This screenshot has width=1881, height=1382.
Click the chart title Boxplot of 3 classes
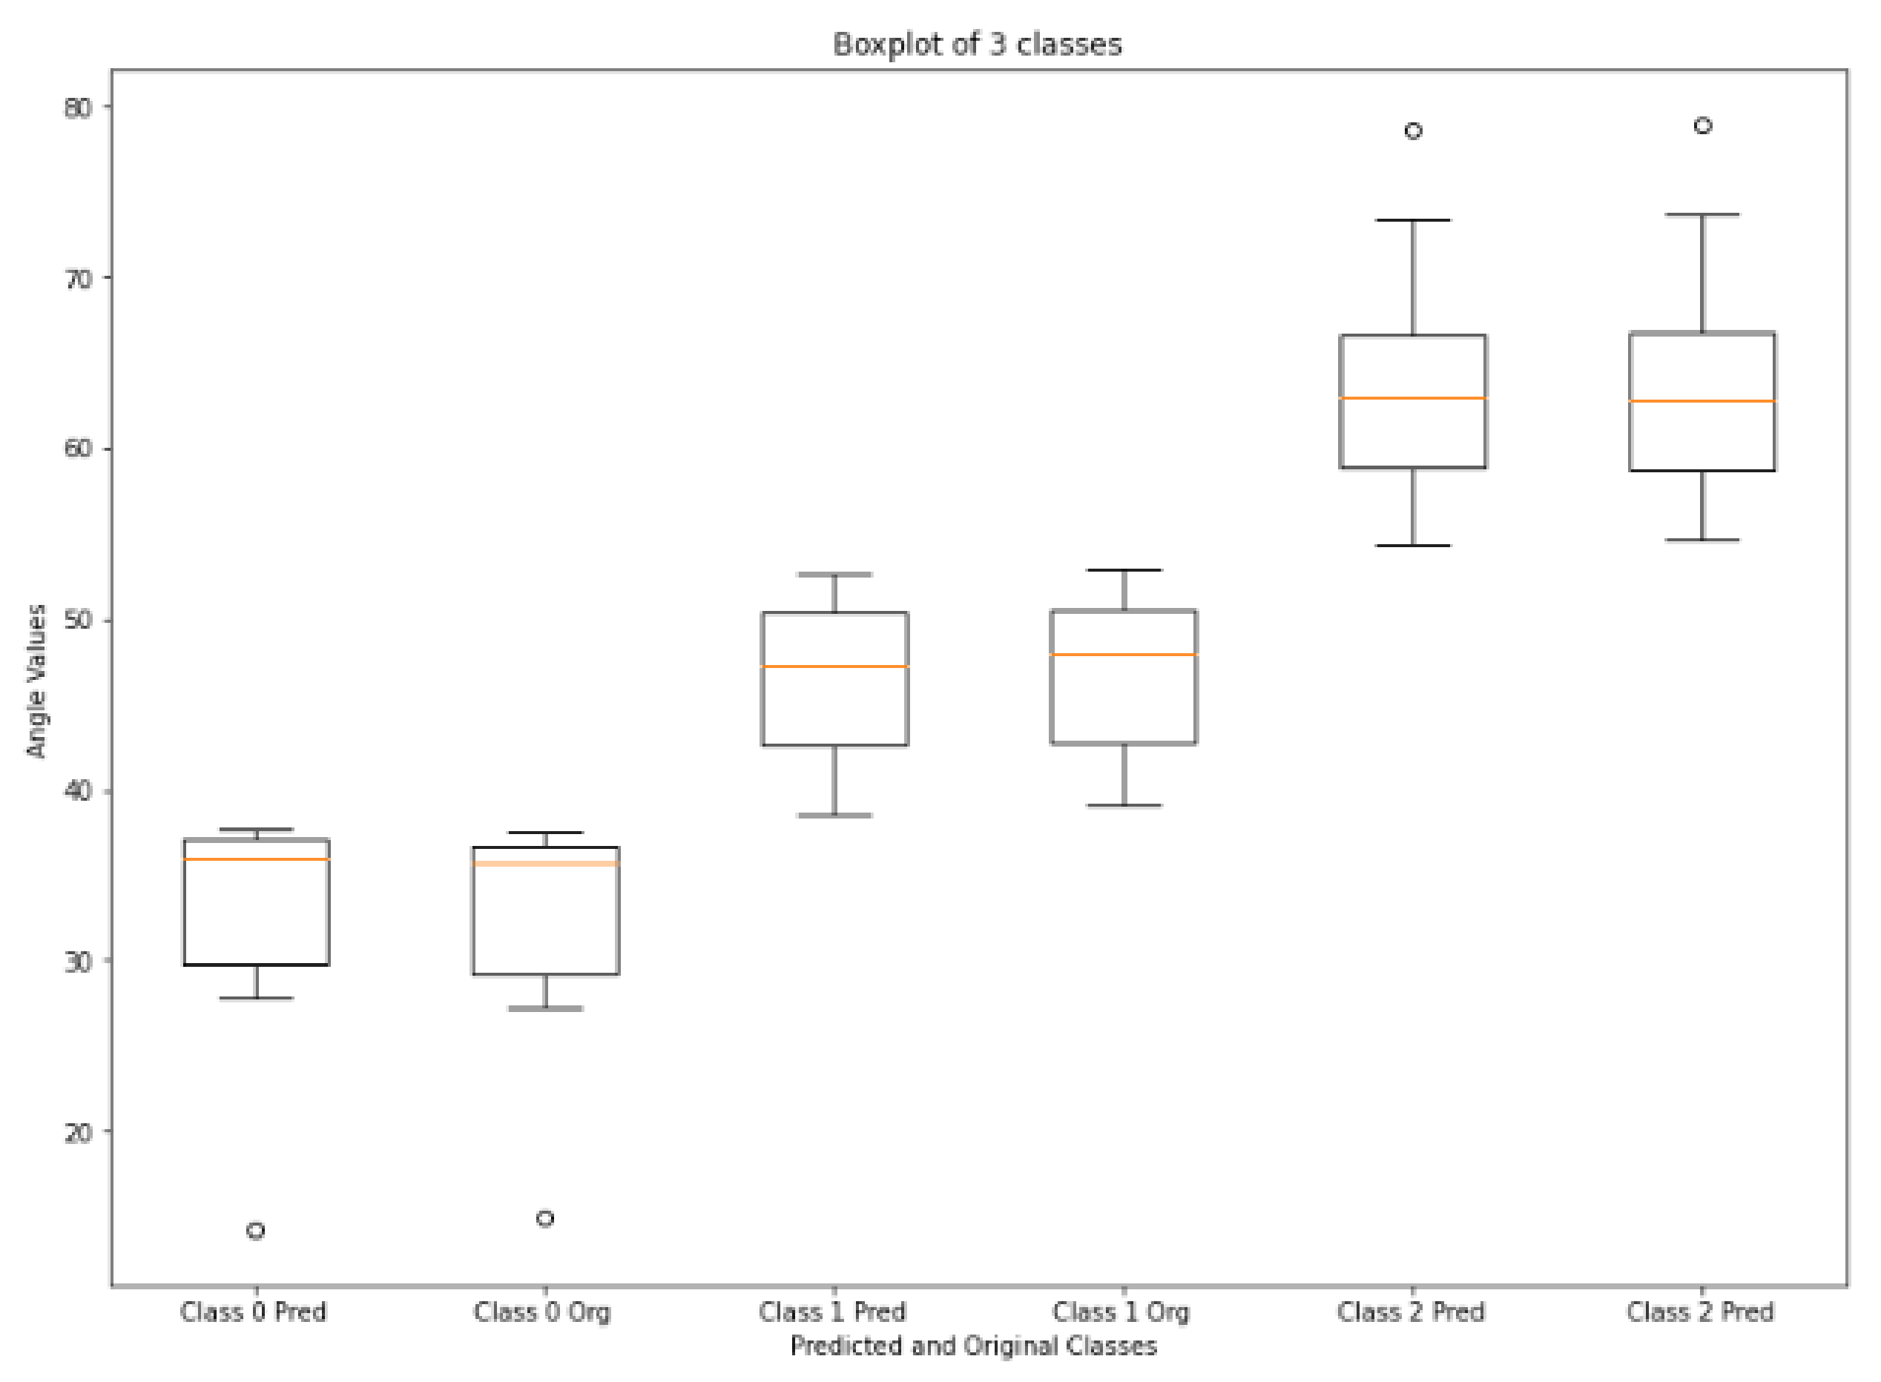click(977, 44)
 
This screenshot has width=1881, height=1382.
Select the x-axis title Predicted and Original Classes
click(973, 1346)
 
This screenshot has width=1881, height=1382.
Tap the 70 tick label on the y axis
click(77, 279)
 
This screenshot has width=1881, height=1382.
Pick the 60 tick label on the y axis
click(77, 449)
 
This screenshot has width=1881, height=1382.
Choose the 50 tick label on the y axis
click(77, 621)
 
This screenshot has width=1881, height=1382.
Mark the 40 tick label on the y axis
click(77, 790)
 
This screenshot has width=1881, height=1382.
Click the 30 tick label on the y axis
click(77, 962)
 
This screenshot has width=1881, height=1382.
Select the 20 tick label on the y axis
click(77, 1133)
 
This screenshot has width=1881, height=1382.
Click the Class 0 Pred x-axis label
click(253, 1312)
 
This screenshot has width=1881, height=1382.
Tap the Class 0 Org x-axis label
click(542, 1312)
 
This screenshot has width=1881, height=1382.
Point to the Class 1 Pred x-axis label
click(831, 1312)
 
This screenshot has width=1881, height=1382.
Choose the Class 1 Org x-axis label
click(1121, 1312)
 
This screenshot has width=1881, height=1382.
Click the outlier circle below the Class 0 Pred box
click(256, 1231)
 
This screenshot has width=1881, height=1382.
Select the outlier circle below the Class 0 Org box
click(544, 1219)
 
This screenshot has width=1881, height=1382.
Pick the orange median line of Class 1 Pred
click(834, 667)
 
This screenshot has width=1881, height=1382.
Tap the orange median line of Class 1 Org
click(1124, 655)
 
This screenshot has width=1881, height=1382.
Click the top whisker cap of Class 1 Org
click(1124, 571)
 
